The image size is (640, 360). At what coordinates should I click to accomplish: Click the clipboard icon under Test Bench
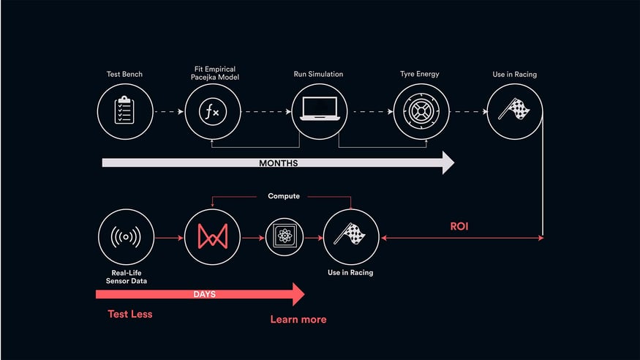click(x=124, y=110)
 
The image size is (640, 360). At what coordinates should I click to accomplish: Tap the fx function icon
click(x=213, y=111)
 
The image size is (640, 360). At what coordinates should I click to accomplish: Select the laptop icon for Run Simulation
click(x=320, y=109)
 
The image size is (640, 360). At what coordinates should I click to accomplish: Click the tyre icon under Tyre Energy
click(x=421, y=111)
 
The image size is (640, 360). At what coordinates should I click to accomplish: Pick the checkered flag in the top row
click(x=514, y=109)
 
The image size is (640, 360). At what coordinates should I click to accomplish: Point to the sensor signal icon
click(x=126, y=237)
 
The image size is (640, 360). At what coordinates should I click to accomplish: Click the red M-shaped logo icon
click(x=213, y=237)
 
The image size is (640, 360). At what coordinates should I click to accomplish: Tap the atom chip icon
click(x=285, y=237)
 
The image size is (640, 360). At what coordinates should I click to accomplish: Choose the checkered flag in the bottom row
click(x=350, y=234)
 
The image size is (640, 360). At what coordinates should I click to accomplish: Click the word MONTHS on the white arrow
click(x=279, y=163)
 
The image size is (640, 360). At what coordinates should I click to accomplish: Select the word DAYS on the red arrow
click(x=205, y=294)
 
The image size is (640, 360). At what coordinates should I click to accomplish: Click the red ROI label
click(x=459, y=226)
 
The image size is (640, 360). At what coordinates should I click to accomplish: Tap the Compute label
click(x=284, y=196)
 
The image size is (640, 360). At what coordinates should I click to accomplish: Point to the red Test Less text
click(x=129, y=314)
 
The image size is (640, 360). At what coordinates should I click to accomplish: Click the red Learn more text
click(x=298, y=319)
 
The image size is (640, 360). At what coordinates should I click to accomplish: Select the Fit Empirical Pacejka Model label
click(x=215, y=73)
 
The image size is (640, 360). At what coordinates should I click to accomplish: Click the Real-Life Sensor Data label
click(x=126, y=277)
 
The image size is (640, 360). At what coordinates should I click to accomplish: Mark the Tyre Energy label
click(x=420, y=74)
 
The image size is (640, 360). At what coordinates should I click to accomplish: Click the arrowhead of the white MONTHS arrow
click(x=448, y=163)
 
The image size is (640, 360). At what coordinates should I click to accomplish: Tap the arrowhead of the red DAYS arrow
click(x=298, y=294)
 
